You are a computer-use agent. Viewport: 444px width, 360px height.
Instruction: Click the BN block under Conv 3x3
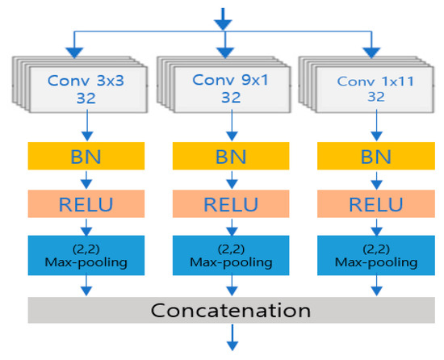(x=86, y=156)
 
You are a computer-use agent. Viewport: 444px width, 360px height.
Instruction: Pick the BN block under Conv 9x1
(x=231, y=156)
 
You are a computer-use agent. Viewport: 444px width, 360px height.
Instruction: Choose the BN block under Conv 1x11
(x=376, y=156)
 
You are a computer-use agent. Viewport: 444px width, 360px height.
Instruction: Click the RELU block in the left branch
(x=86, y=203)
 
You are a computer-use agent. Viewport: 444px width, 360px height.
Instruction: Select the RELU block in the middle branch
(x=231, y=203)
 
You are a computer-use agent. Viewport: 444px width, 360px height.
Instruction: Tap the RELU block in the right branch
(x=376, y=203)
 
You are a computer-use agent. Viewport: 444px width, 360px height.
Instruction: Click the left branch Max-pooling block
(x=86, y=255)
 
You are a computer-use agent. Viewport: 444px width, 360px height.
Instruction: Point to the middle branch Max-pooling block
(x=231, y=255)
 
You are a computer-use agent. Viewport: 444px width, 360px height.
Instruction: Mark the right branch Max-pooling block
(x=376, y=255)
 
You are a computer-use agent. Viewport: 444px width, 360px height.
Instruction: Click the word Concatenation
(x=231, y=310)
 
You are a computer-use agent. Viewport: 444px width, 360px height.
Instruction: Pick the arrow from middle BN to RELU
(x=232, y=180)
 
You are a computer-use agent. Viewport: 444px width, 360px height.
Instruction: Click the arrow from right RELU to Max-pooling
(x=376, y=228)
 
